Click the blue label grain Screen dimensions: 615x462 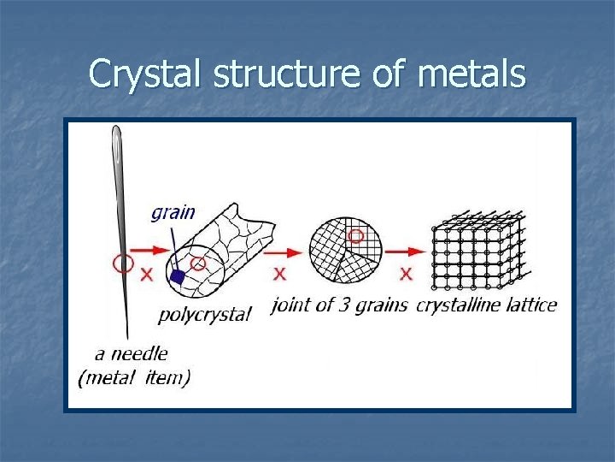(173, 211)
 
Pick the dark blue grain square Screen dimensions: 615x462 (178, 276)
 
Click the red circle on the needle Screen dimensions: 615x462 (123, 263)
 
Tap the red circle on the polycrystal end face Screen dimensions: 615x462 (197, 262)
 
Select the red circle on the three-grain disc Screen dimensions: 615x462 (356, 234)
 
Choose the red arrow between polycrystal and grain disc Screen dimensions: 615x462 (279, 251)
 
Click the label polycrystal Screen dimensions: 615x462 (205, 314)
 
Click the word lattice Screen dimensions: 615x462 (530, 305)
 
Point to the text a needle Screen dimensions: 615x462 (132, 352)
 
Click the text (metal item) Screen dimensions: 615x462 (134, 377)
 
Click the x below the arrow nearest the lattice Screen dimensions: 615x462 (406, 274)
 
